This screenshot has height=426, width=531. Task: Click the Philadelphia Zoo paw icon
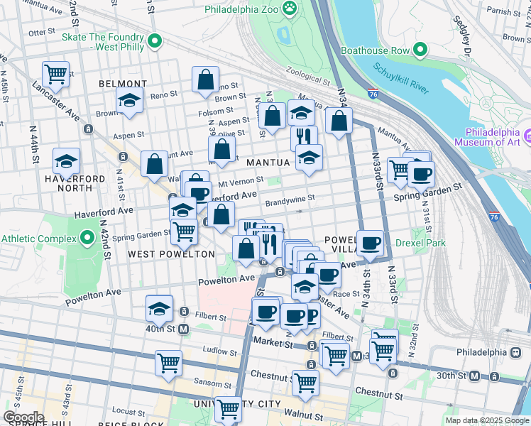pyautogui.click(x=290, y=9)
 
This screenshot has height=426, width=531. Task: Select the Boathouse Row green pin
pyautogui.click(x=420, y=50)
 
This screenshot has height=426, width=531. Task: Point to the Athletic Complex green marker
pyautogui.click(x=88, y=237)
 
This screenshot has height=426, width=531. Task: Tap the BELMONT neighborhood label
pyautogui.click(x=122, y=84)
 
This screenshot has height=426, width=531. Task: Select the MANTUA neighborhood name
pyautogui.click(x=268, y=163)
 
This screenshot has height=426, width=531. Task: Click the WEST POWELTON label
pyautogui.click(x=171, y=254)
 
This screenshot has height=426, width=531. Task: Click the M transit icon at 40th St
pyautogui.click(x=184, y=329)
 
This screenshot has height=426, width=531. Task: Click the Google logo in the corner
pyautogui.click(x=23, y=417)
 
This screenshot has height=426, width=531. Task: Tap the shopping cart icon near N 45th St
pyautogui.click(x=55, y=72)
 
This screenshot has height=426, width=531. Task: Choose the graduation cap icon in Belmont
pyautogui.click(x=130, y=100)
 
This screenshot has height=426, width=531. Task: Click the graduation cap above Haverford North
pyautogui.click(x=66, y=160)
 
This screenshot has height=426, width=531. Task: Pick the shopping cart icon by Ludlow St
pyautogui.click(x=168, y=362)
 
